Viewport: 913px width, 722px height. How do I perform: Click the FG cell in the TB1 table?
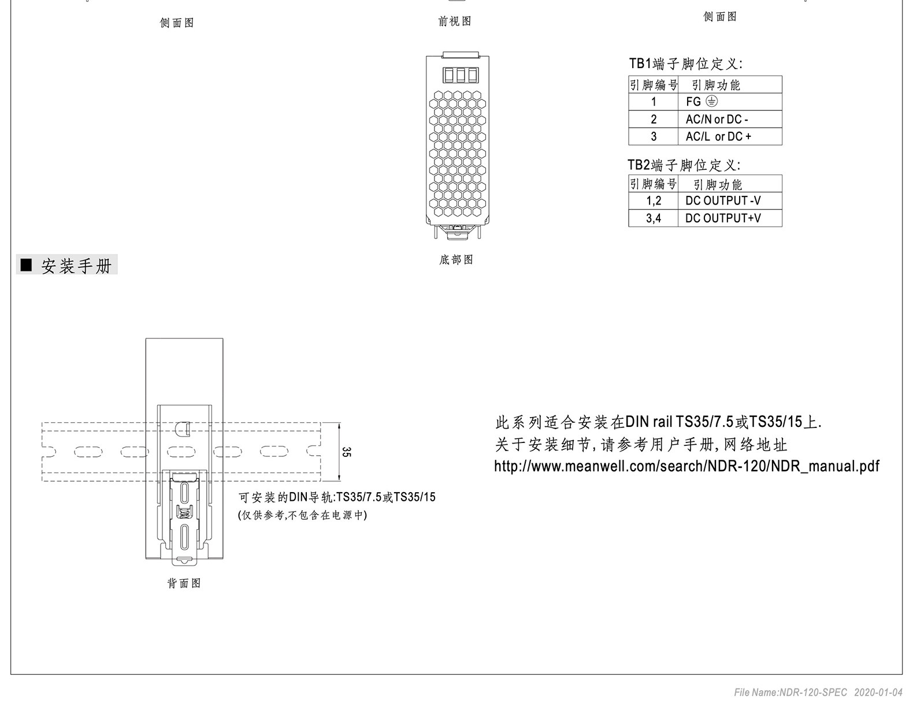point(730,102)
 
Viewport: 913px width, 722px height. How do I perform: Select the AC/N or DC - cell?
point(730,119)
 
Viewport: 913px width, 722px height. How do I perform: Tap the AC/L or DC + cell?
point(730,136)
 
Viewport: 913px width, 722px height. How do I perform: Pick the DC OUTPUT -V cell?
point(730,200)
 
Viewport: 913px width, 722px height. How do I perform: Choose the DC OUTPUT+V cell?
point(730,218)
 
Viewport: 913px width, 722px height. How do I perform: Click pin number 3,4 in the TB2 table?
point(654,218)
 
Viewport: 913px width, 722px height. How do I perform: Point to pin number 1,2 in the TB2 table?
point(654,200)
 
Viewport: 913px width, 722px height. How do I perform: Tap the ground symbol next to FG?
point(711,101)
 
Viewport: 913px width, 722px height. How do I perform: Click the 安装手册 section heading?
point(76,266)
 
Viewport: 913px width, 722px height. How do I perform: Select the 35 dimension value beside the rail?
point(346,452)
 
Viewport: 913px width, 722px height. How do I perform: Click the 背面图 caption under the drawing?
point(184,583)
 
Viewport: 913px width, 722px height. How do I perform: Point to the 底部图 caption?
point(456,259)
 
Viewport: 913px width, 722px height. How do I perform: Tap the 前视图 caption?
point(455,21)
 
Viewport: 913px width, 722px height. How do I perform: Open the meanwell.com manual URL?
point(686,466)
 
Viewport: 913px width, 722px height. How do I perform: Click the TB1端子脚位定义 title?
point(685,64)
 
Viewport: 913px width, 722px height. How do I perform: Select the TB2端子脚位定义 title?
point(684,165)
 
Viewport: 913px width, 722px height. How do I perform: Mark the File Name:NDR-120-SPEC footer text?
point(790,693)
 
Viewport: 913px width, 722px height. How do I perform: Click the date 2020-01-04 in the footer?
point(878,693)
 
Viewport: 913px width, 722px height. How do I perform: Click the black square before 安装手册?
point(27,265)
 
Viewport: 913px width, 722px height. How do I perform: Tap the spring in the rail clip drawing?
point(184,513)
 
